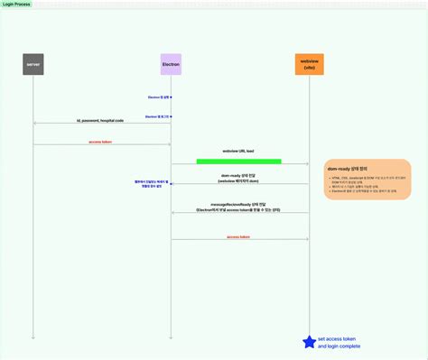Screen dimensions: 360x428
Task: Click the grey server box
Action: coord(33,64)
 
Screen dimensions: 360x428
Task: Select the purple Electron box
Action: coord(171,64)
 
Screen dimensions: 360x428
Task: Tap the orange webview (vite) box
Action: coord(309,64)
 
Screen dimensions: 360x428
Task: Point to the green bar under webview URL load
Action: coord(238,162)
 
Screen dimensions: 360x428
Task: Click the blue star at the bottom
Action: coord(309,340)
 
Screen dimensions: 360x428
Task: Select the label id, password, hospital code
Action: coord(99,118)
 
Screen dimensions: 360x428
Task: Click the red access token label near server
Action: coord(101,141)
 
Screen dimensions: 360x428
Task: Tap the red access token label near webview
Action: coord(239,235)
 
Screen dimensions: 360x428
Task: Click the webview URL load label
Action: coord(238,151)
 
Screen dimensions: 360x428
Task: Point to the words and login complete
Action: coord(339,346)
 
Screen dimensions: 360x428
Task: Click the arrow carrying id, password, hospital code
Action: coord(101,124)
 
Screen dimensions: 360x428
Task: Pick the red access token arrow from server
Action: coord(101,144)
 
